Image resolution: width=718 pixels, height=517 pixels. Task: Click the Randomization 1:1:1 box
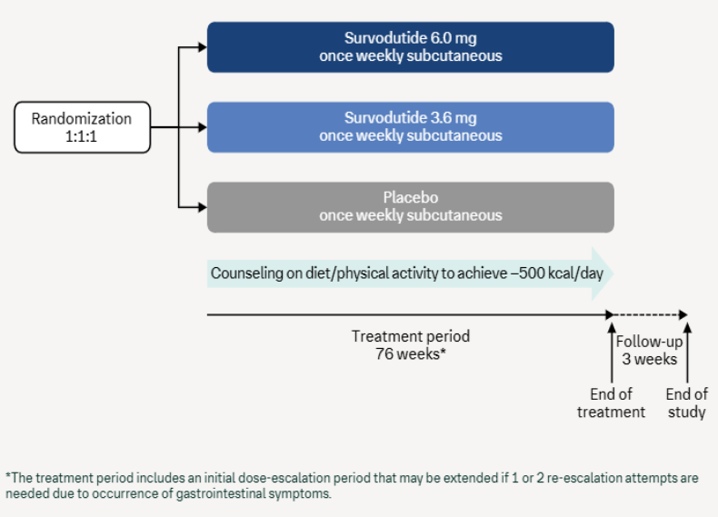pos(82,127)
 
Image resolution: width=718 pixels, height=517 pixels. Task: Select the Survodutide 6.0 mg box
pos(410,47)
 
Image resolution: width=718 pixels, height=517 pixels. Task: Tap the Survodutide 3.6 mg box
pos(410,127)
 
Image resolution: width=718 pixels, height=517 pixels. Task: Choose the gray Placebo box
pos(410,207)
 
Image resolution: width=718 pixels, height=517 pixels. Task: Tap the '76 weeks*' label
pos(411,353)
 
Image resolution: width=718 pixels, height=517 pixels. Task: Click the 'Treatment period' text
pos(411,336)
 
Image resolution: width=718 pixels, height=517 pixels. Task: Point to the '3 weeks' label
pos(649,359)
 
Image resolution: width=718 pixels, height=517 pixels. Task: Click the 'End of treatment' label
pos(611,403)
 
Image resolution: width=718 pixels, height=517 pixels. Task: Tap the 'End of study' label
pos(687,403)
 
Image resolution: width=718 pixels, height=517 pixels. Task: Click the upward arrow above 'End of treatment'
pos(612,350)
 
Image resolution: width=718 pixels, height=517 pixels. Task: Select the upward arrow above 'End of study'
pos(687,350)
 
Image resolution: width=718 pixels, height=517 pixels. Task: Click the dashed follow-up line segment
pos(649,315)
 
